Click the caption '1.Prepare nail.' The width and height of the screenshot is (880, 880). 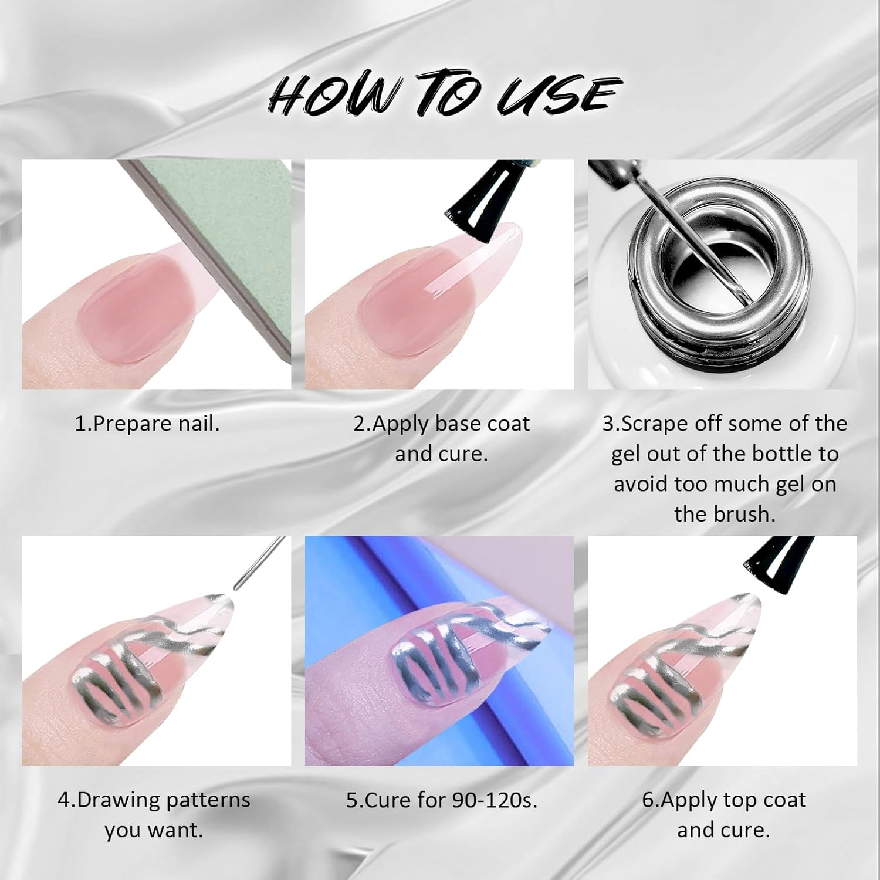click(x=147, y=424)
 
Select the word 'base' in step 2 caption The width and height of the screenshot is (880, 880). click(x=456, y=424)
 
